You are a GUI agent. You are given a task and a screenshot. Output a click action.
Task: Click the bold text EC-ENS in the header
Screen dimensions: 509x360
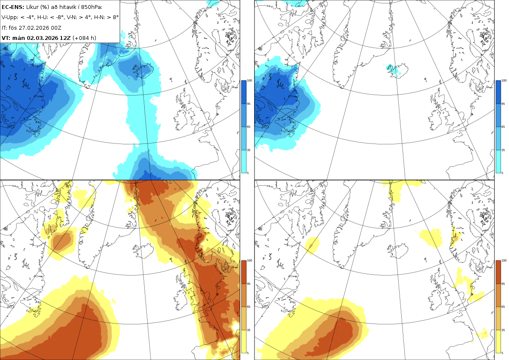12,7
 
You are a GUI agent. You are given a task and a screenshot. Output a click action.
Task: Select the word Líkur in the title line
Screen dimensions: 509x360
32,7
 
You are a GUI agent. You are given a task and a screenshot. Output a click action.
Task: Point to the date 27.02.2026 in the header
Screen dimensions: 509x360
34,28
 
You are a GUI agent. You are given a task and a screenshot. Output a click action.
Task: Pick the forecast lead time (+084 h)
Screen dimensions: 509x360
84,38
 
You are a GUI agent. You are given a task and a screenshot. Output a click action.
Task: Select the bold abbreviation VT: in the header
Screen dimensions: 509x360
6,38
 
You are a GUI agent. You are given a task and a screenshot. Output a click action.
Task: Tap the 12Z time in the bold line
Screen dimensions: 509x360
65,38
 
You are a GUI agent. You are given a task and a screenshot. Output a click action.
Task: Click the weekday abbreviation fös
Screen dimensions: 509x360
13,28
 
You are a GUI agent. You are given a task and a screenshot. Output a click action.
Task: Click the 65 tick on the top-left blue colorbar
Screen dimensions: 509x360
249,127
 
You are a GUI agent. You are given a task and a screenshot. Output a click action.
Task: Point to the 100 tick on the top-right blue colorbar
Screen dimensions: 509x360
504,81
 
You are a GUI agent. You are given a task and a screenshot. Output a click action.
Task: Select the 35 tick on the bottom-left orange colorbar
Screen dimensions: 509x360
249,330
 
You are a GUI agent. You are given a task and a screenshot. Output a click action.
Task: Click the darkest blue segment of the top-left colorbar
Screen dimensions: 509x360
243,92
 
